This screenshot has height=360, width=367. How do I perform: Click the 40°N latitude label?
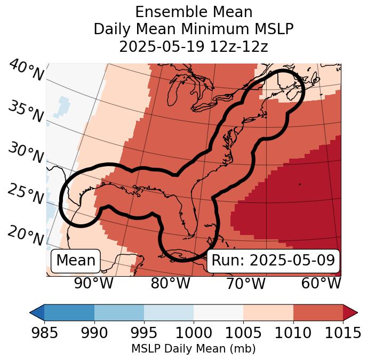26,71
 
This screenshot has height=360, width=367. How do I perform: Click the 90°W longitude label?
93,283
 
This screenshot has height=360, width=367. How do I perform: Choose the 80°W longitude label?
170,283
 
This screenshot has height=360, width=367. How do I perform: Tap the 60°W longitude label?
321,283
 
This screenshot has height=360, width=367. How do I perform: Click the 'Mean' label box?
76,261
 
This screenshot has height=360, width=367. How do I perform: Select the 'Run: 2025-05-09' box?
273,261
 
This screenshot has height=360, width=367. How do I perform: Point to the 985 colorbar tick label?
44,333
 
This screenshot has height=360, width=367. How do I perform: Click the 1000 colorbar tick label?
194,333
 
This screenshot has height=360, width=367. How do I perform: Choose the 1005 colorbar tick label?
243,333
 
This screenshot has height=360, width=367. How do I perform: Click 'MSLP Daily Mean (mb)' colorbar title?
193,349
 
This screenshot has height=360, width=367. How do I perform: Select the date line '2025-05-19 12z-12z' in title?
193,46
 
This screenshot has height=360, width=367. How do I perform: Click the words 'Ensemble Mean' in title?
193,12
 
